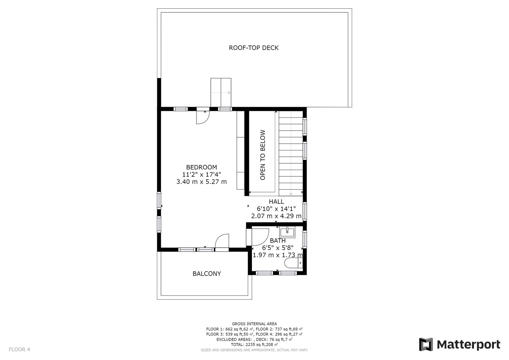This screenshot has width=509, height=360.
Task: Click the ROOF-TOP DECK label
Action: click(254, 48)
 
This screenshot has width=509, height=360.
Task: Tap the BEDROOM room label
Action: click(202, 167)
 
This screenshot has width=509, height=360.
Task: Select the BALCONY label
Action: click(207, 274)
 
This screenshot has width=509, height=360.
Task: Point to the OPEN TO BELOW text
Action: click(263, 155)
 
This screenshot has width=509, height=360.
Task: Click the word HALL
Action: click(276, 202)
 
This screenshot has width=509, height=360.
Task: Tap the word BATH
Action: click(278, 241)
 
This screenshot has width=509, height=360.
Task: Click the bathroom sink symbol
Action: click(287, 232)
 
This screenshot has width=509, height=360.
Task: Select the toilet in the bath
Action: click(293, 263)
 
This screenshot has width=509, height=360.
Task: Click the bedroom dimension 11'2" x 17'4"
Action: click(202, 175)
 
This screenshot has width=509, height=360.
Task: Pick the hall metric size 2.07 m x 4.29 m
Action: click(276, 216)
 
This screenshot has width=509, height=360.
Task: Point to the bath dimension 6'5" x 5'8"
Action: click(278, 248)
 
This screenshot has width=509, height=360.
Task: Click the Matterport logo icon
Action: click(426, 344)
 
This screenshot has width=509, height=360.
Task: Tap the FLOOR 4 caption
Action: click(20, 349)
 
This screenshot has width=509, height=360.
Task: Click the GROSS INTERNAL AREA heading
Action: click(254, 324)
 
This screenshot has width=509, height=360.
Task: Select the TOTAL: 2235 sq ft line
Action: click(254, 345)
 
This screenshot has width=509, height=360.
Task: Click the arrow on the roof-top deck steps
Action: click(221, 93)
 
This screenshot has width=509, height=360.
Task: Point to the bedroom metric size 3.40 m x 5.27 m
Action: click(202, 182)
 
